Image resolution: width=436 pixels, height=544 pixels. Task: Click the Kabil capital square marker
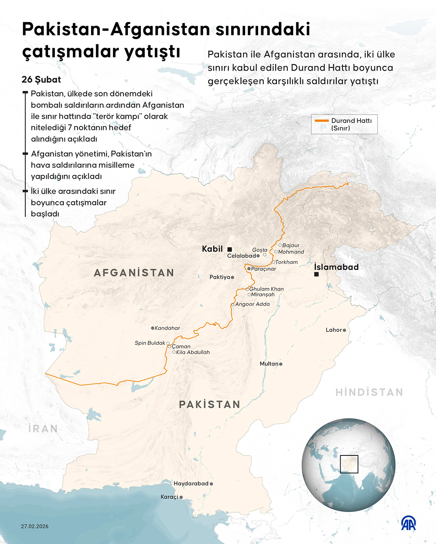pos(230,249)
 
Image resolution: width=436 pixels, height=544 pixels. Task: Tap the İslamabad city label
pos(336,267)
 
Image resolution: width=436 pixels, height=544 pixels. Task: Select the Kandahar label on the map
pos(167,328)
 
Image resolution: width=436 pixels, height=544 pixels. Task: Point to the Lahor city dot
pos(344,330)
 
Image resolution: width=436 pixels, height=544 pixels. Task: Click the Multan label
pos(269,364)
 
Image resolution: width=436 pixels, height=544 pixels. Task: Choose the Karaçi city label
pos(169,497)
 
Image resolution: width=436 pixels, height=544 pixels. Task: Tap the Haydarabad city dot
pos(211,484)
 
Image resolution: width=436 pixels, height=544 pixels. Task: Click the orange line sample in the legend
pos(322,121)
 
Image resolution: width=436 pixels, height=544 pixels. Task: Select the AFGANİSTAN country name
pos(134,273)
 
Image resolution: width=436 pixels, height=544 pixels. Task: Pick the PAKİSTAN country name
pos(209,405)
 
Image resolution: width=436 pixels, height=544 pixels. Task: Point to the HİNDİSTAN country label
pos(369,392)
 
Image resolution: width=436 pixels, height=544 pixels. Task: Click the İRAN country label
pos(43,429)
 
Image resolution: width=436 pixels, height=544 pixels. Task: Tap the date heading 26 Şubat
pos(41,80)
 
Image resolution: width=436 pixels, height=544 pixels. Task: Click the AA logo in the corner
pos(408,523)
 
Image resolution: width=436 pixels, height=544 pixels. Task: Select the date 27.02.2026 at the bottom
pos(35,527)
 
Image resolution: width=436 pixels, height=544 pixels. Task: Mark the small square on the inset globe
pos(349,464)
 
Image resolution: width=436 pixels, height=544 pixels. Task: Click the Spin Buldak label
pos(150,343)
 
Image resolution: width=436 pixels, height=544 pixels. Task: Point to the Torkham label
pos(287,262)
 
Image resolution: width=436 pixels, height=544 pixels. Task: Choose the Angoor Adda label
pos(252,304)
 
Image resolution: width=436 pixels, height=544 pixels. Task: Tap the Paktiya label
pos(220,277)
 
